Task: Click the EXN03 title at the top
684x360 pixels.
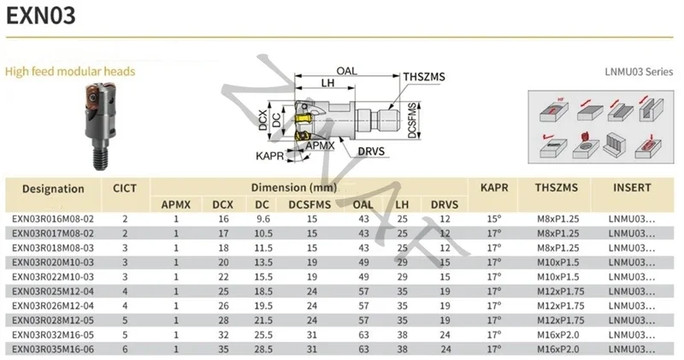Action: [x=41, y=15]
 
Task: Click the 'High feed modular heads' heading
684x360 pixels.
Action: [x=70, y=71]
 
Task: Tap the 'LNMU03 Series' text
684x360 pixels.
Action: [x=639, y=72]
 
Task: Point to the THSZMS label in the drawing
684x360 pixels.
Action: [x=424, y=77]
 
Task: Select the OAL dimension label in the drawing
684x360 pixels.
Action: [x=346, y=71]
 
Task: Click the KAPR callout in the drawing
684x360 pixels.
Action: [x=269, y=156]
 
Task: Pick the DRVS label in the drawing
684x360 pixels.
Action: [x=371, y=151]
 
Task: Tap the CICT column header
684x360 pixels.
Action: [x=125, y=188]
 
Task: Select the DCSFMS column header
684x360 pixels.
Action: [x=310, y=204]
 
